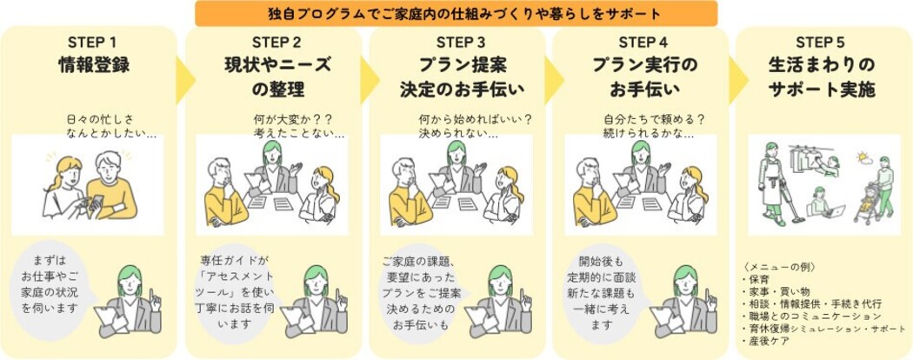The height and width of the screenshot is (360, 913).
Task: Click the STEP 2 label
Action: pos(277,43)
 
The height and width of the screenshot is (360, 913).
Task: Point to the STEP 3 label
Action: pos(461,43)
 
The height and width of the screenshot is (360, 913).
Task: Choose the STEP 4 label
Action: pos(643,43)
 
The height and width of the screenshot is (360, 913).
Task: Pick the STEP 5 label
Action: pos(822,43)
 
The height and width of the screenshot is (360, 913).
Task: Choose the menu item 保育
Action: pos(762,280)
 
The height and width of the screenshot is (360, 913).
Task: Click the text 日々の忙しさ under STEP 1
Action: pos(99,119)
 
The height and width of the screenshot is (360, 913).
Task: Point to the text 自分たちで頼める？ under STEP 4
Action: pos(653,119)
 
